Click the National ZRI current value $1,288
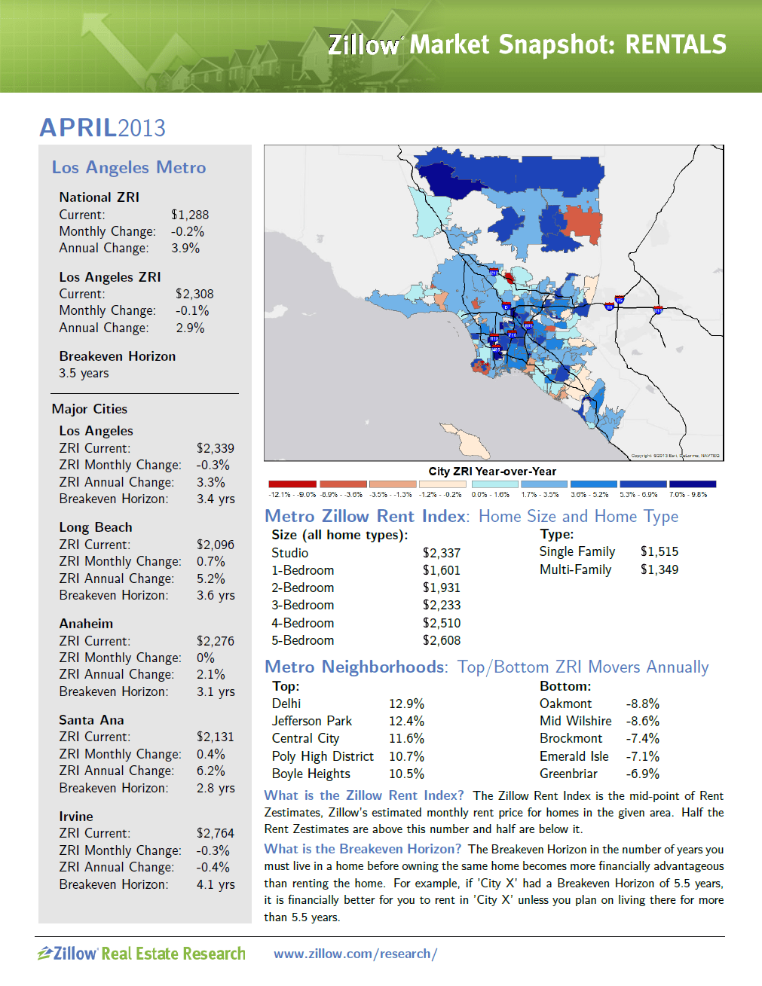pyautogui.click(x=190, y=215)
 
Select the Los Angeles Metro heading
pyautogui.click(x=129, y=167)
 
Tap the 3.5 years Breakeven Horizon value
pyautogui.click(x=84, y=373)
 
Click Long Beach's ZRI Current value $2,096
pyautogui.click(x=216, y=545)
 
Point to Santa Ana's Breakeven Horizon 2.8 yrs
pyautogui.click(x=216, y=788)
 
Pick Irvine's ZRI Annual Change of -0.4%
pyautogui.click(x=213, y=867)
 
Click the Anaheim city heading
pyautogui.click(x=86, y=624)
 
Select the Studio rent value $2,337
pyautogui.click(x=442, y=553)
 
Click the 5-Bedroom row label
pyautogui.click(x=303, y=640)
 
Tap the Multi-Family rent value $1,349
pyautogui.click(x=659, y=569)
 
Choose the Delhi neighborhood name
pyautogui.click(x=286, y=704)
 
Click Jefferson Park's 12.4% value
pyautogui.click(x=406, y=721)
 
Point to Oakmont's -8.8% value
pyautogui.click(x=642, y=704)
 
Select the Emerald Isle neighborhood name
pyautogui.click(x=574, y=756)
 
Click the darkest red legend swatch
pyautogui.click(x=292, y=484)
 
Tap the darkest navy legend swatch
pyautogui.click(x=692, y=484)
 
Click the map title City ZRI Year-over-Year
pyautogui.click(x=492, y=472)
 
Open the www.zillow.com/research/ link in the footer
pyautogui.click(x=355, y=954)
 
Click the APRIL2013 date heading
pyautogui.click(x=103, y=128)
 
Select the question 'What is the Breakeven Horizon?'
pyautogui.click(x=363, y=849)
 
